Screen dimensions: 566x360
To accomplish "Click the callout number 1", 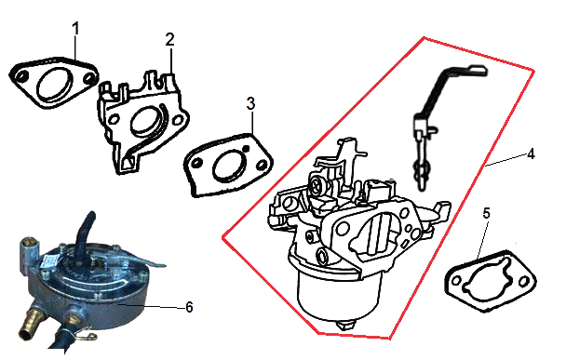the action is pos(75,29).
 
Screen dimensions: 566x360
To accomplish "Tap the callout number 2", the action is pos(170,39).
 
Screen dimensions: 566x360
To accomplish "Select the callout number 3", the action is pos(250,103).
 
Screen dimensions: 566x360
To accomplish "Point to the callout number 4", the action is pos(531,154).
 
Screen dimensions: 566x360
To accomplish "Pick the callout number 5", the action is pos(486,214).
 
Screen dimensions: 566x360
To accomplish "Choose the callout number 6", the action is pos(189,307).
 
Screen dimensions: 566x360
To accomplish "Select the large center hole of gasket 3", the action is pos(230,167).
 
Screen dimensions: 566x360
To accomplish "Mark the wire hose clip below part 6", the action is pos(87,336).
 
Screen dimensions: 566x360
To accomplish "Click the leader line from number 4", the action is pos(505,160).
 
